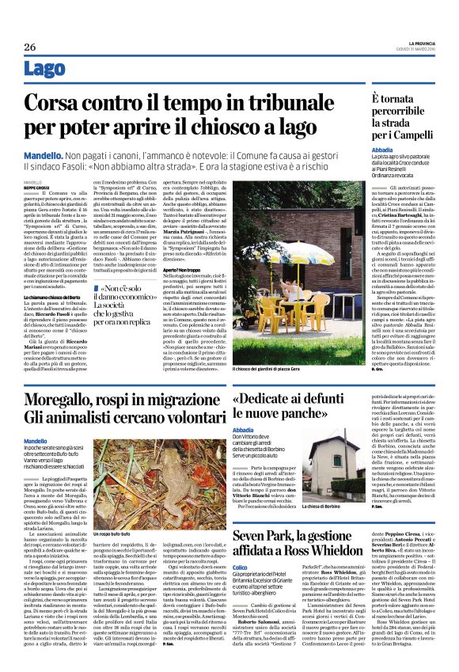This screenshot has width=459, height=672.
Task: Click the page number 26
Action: [x=29, y=47]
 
